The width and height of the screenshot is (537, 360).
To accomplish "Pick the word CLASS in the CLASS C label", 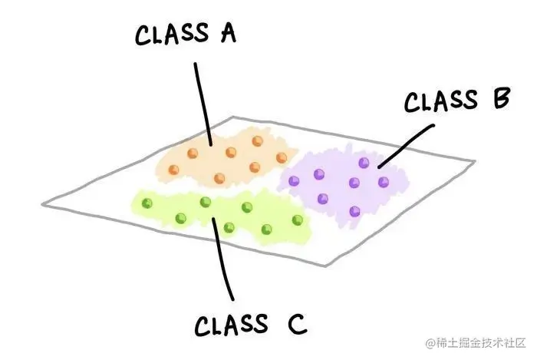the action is [232, 325].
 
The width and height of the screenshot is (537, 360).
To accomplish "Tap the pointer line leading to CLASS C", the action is [223, 261].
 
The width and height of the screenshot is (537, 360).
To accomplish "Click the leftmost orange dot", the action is [193, 153].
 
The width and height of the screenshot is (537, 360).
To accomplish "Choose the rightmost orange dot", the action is [284, 157].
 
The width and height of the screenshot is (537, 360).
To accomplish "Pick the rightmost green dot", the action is [297, 220].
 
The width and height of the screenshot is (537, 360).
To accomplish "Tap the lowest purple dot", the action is [354, 210].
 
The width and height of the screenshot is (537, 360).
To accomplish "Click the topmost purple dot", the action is [364, 162].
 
